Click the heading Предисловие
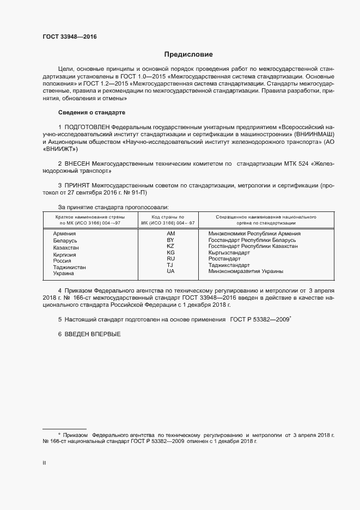coord(188,54)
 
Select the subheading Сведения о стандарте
coord(91,112)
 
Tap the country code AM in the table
coord(170,234)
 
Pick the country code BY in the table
coord(170,240)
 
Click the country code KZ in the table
coord(170,246)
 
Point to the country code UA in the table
coord(170,271)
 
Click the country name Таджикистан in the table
coord(70,268)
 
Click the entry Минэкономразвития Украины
coord(246,271)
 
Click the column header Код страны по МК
coord(170,217)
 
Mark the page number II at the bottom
coord(44,462)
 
